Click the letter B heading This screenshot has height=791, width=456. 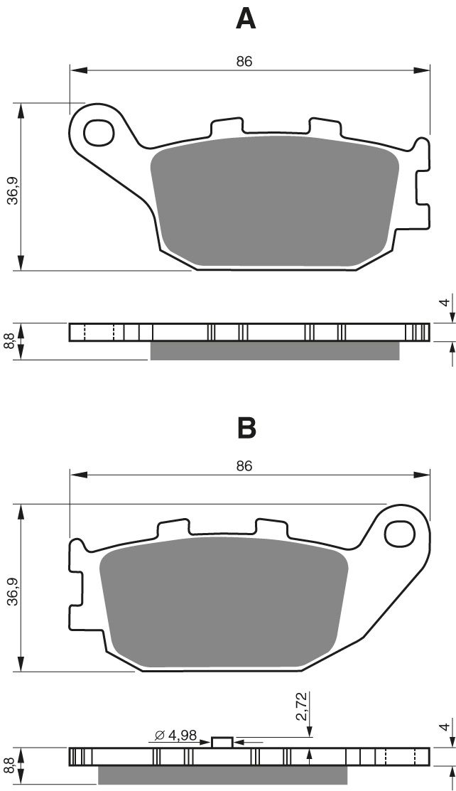(246, 428)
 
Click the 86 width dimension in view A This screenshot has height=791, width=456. (244, 62)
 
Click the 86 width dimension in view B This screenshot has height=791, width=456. (244, 466)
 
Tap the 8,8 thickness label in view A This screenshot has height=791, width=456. (9, 341)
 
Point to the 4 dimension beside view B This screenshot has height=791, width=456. (444, 727)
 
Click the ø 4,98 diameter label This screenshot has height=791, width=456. (173, 735)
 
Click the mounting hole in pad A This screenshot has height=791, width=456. (99, 132)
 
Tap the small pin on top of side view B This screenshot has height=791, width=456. (222, 742)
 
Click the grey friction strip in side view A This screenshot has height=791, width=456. (274, 351)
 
